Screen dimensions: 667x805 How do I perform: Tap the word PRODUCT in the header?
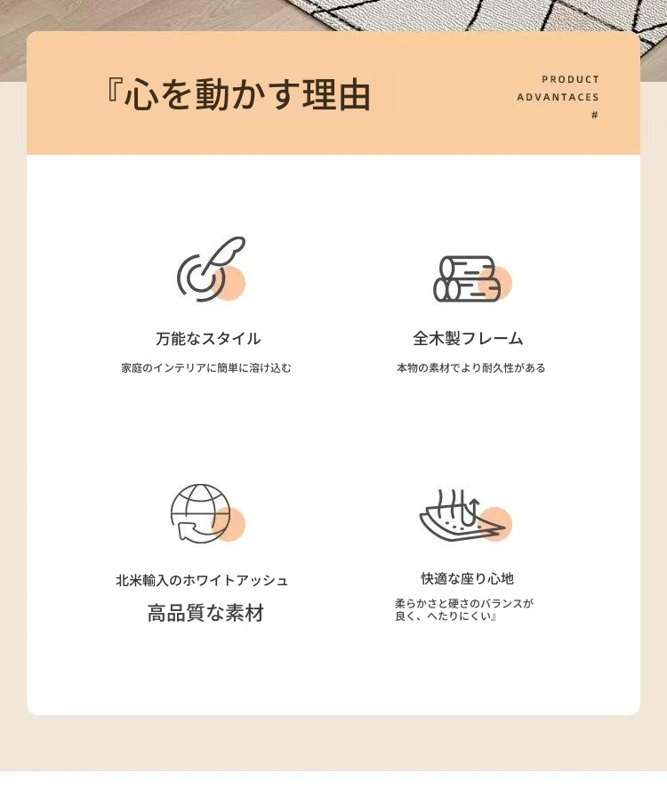click(x=570, y=79)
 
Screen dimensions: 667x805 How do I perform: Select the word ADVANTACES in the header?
click(x=558, y=98)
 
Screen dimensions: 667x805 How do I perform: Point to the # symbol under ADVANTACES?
click(x=595, y=115)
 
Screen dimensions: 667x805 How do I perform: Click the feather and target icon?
click(x=211, y=269)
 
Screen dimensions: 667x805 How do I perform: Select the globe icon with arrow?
click(x=207, y=513)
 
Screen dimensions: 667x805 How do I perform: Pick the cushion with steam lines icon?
click(x=465, y=515)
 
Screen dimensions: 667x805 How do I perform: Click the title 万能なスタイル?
click(x=208, y=338)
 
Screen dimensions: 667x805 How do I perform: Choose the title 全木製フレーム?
click(x=468, y=338)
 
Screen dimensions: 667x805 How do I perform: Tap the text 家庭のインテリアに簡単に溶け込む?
click(x=206, y=367)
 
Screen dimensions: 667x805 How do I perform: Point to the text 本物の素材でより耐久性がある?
click(x=470, y=367)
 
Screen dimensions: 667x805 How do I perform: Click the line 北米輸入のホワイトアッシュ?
click(x=202, y=580)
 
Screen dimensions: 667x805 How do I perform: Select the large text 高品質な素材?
click(x=205, y=613)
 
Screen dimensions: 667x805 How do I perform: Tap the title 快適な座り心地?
click(x=467, y=578)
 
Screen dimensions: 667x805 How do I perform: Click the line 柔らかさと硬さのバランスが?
click(x=464, y=603)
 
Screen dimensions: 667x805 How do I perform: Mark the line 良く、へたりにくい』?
click(x=446, y=616)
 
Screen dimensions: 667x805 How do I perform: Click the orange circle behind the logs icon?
click(x=495, y=283)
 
